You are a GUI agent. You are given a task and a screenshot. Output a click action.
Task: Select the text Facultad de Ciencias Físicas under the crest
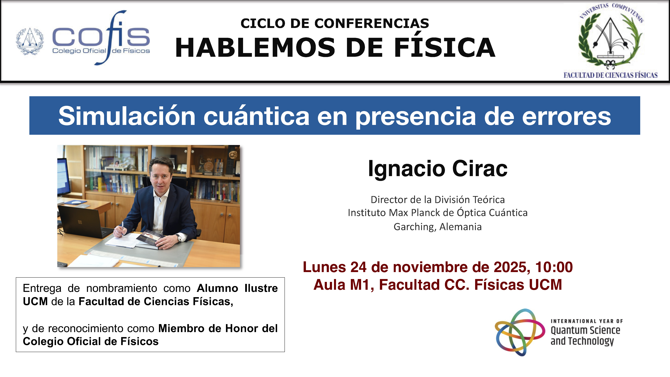click(x=610, y=75)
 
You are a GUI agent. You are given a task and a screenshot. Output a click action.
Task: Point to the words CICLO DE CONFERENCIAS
click(x=335, y=23)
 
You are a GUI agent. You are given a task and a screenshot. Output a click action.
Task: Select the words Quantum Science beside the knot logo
click(x=585, y=330)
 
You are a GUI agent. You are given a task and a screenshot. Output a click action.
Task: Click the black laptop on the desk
click(x=81, y=221)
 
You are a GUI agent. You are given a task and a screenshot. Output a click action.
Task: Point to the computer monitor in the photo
click(x=63, y=177)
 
